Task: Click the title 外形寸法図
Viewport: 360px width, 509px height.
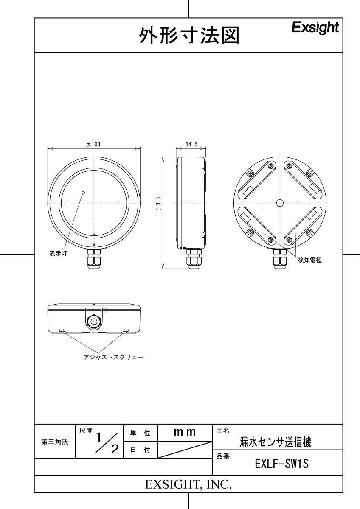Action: coord(188,36)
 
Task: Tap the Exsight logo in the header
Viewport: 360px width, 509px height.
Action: coord(315,28)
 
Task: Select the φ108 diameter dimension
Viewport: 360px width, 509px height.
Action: coord(93,144)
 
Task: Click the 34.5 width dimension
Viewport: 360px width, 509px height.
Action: coord(191,144)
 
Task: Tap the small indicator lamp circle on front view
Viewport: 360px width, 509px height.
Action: coord(83,193)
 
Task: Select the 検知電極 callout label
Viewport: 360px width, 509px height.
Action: coord(309,260)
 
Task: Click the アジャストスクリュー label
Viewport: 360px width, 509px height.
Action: coord(113,357)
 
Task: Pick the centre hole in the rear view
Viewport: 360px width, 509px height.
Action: coord(279,203)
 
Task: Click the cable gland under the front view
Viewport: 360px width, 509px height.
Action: coord(94,259)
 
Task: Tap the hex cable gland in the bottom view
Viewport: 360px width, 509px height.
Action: coord(93,322)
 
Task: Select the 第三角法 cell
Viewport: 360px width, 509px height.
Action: coord(54,442)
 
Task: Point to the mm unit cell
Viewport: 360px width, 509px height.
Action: coord(185,432)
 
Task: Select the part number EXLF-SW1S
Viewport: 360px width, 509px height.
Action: coord(281,464)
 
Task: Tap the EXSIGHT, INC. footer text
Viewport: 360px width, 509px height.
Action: coord(188,484)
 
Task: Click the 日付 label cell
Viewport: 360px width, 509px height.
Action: coord(140,450)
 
